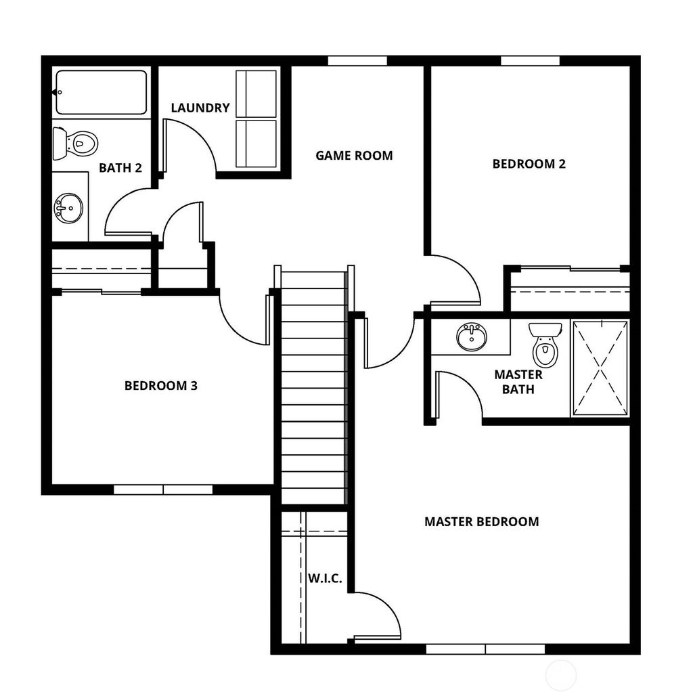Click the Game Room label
[x=354, y=156]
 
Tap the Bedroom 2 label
[x=529, y=163]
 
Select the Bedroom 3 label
[x=161, y=386]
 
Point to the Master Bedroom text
[x=481, y=521]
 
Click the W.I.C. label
[x=325, y=579]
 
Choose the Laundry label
[x=200, y=108]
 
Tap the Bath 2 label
[x=120, y=168]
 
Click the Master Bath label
[x=518, y=382]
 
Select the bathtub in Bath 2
[x=101, y=93]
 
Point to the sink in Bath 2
[x=69, y=207]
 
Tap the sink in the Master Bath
[x=472, y=336]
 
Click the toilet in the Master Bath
[x=545, y=344]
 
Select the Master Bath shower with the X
[x=600, y=368]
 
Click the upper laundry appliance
[x=256, y=94]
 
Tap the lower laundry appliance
[x=256, y=144]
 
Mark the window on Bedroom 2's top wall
[x=530, y=61]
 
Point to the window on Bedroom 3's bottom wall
[x=163, y=489]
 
